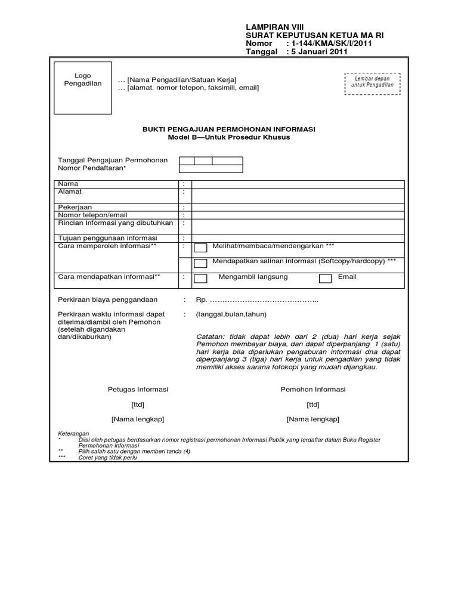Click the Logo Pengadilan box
coord(82,88)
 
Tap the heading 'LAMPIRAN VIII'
coord(275,27)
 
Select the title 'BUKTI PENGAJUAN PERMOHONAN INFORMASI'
coord(228,129)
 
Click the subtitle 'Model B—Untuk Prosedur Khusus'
coord(228,138)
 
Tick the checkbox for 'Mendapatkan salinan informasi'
coord(201,263)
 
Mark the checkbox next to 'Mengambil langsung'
coord(201,279)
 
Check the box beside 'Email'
coord(325,278)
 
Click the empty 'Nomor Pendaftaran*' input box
coord(211,169)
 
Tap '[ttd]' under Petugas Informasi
coord(138,405)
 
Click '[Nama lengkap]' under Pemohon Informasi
coord(312,419)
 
